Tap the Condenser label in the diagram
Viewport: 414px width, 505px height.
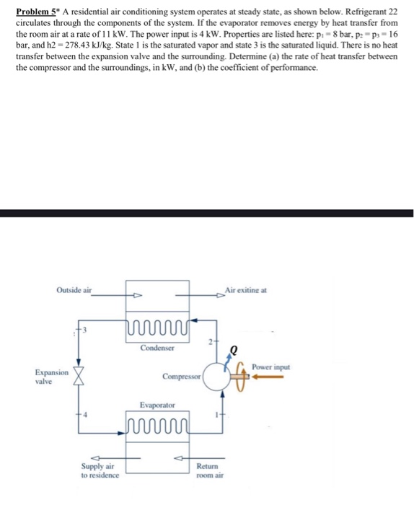157,348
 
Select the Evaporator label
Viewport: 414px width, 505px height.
157,406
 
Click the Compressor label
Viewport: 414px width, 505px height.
180,377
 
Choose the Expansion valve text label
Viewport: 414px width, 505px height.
52,377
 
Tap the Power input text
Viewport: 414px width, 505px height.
271,367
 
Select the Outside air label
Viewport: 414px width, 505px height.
74,290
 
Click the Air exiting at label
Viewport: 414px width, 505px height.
246,290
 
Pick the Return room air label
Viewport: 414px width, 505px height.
210,472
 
